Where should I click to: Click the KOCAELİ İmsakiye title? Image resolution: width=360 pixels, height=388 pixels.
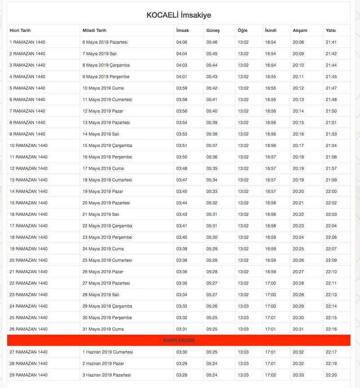coord(179,15)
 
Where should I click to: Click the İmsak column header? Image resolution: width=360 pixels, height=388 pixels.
coord(182,31)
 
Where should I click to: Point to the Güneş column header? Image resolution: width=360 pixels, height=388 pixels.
coord(213,31)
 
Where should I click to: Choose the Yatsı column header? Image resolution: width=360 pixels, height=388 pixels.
coord(331,31)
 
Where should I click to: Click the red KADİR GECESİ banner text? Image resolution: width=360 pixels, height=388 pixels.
coord(179,340)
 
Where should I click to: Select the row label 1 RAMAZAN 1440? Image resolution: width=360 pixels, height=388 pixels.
coord(27,42)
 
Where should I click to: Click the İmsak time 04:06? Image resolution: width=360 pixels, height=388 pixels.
coord(182,42)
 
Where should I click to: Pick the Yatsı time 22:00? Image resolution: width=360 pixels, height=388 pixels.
coord(331,192)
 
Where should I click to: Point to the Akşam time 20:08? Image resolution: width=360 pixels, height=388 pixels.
coord(298,42)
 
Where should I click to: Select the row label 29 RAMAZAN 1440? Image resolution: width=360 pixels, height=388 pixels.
coord(28,375)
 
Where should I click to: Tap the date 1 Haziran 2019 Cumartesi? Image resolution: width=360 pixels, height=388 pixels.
coord(108,352)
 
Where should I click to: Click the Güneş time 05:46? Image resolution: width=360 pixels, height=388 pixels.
coord(212,42)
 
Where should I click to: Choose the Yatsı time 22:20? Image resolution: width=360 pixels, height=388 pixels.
coord(331,375)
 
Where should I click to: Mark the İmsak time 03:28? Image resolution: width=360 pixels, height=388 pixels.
coord(182,375)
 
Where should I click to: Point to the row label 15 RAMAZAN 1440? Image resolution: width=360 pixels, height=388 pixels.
coord(28,203)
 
